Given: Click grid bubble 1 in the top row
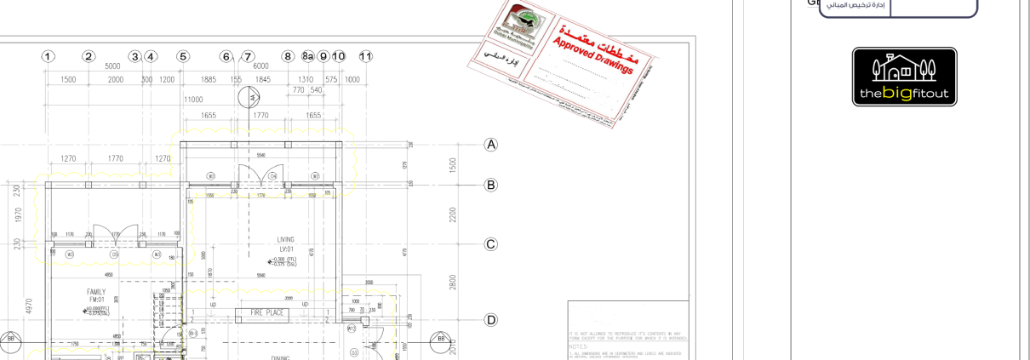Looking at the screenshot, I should pyautogui.click(x=48, y=56).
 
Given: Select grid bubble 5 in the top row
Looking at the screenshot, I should pyautogui.click(x=182, y=56).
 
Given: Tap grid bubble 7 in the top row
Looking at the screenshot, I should pyautogui.click(x=248, y=56).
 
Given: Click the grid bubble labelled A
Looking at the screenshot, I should pyautogui.click(x=491, y=145).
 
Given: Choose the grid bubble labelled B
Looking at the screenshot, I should pyautogui.click(x=491, y=185).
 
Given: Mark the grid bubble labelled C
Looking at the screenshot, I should pyautogui.click(x=491, y=244).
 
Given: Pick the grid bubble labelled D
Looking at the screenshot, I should pyautogui.click(x=491, y=320).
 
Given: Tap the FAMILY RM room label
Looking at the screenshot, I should pyautogui.click(x=96, y=295).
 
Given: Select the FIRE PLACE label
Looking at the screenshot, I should pyautogui.click(x=266, y=313).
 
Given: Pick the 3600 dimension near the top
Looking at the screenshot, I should pyautogui.click(x=112, y=66).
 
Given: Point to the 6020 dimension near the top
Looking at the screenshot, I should pyautogui.click(x=260, y=66).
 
